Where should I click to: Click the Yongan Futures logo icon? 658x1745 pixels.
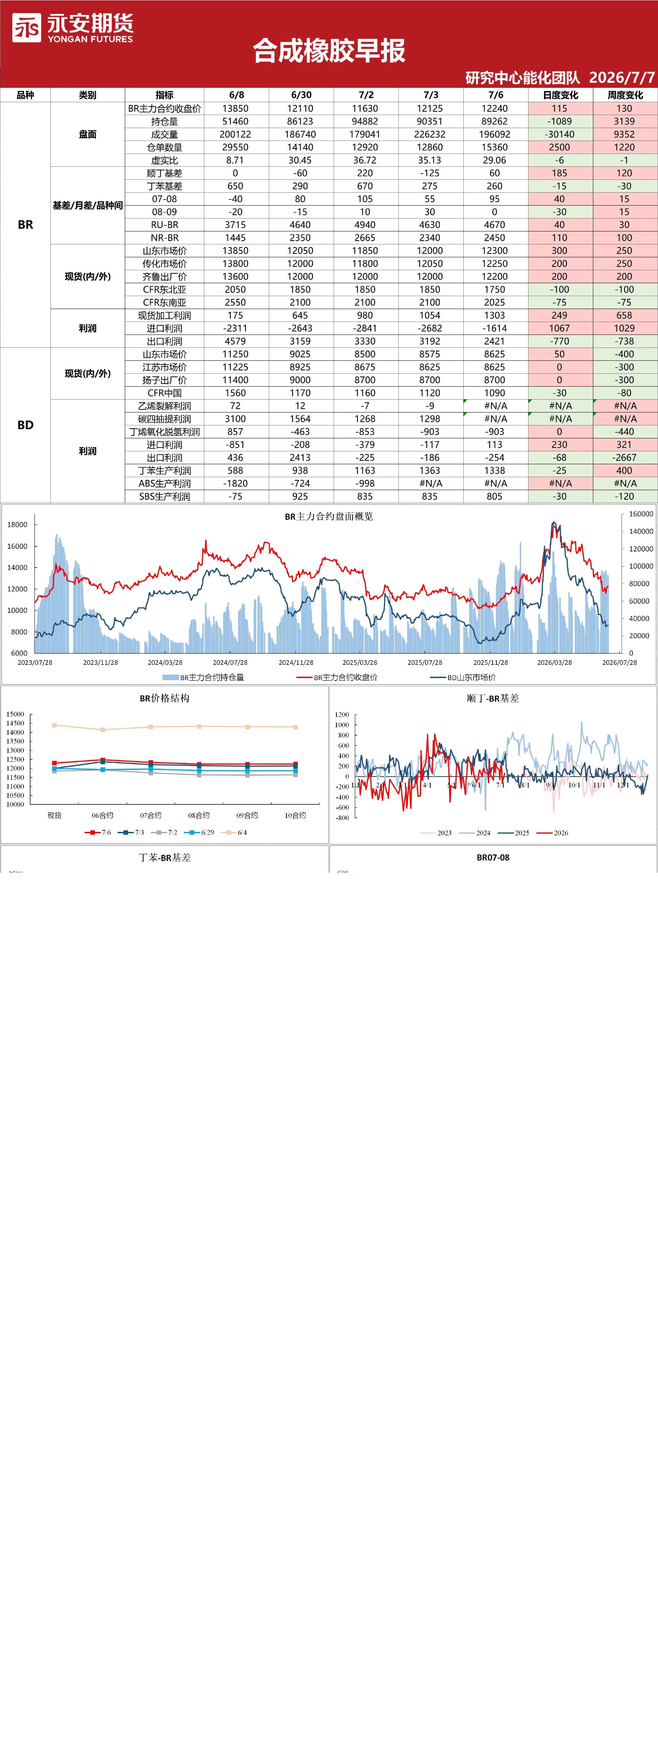[x=26, y=28]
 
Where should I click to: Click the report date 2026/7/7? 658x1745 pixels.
[x=621, y=77]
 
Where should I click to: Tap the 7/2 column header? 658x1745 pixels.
[x=366, y=95]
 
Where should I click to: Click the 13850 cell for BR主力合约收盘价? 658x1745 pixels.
[x=236, y=108]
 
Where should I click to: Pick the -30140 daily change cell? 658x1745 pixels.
[x=559, y=134]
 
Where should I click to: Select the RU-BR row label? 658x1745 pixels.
[x=165, y=225]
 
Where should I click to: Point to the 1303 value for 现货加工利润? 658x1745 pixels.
[x=495, y=316]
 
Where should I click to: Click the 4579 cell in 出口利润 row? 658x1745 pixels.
[x=236, y=341]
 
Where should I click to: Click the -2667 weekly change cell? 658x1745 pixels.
[x=624, y=458]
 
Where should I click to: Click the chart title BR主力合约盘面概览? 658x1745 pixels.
[x=329, y=516]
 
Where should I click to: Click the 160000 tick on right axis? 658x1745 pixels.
[x=641, y=514]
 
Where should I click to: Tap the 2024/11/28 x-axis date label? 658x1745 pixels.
[x=296, y=663]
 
